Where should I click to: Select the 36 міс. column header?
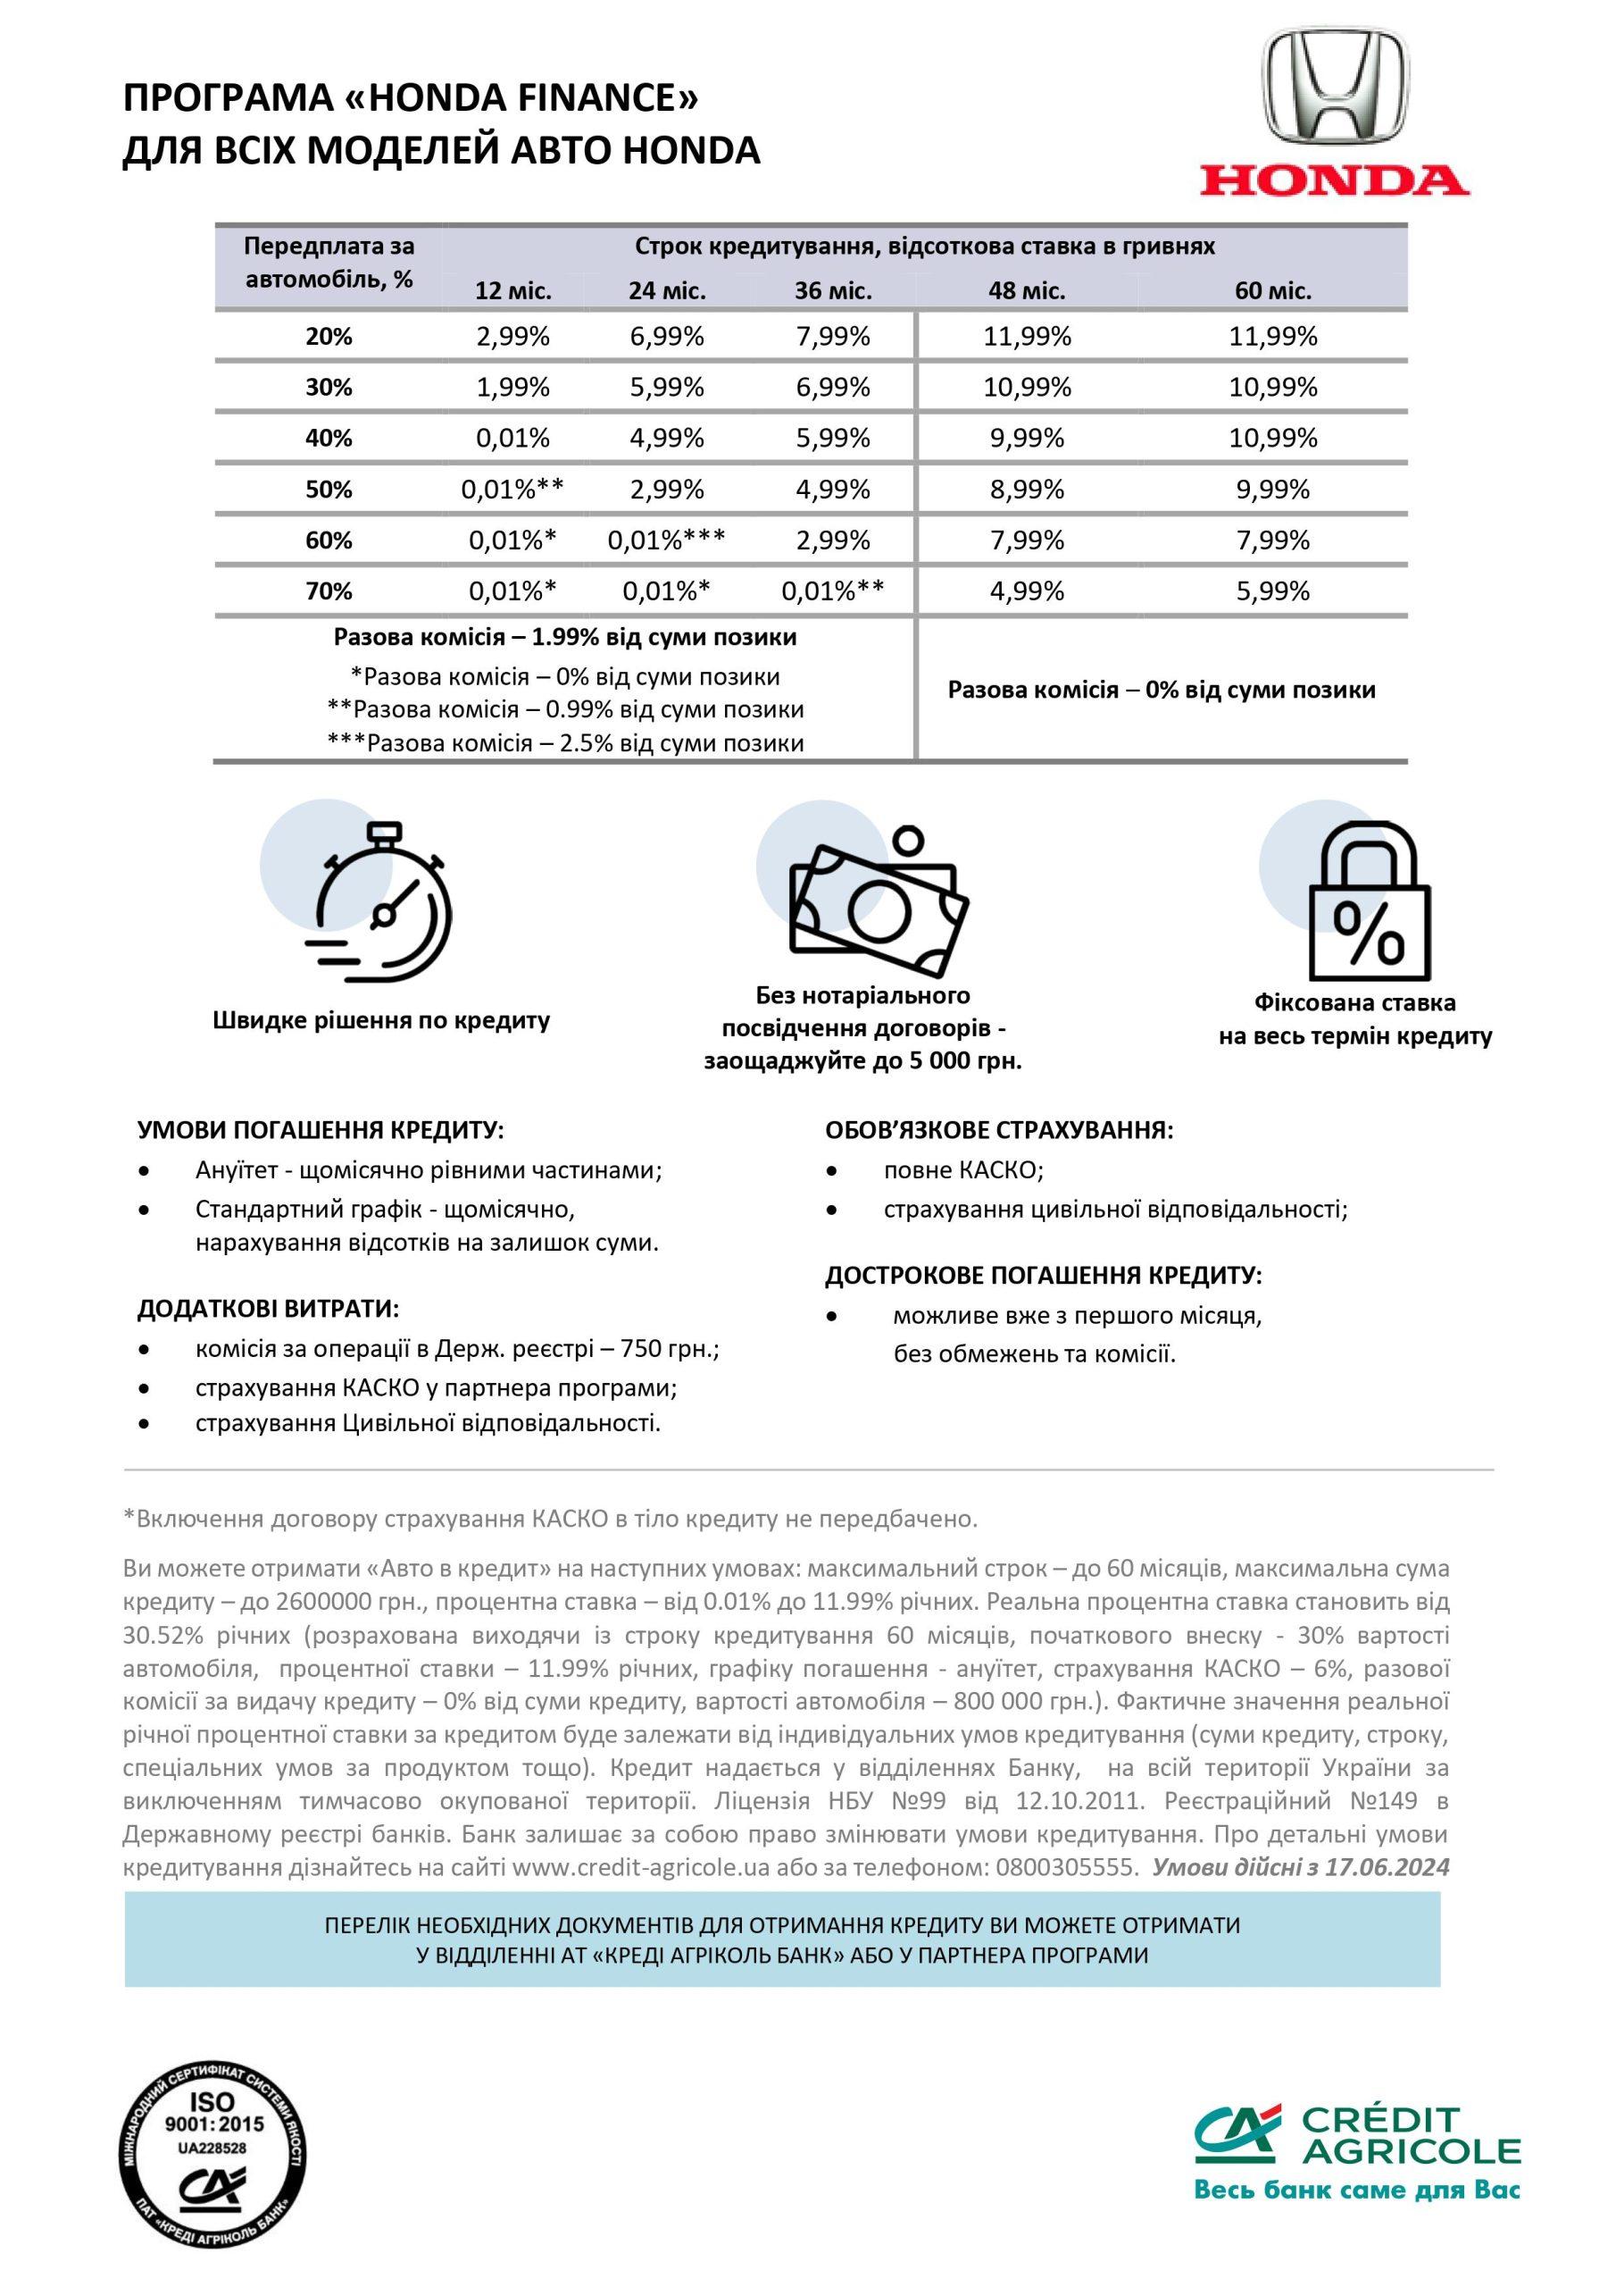(833, 292)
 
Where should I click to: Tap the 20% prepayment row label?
(329, 337)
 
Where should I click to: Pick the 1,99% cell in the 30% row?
(512, 388)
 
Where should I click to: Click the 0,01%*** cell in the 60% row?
(666, 540)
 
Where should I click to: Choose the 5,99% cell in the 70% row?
(1273, 591)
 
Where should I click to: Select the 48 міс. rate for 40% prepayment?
(1027, 439)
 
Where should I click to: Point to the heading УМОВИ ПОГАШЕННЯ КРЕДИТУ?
(321, 1131)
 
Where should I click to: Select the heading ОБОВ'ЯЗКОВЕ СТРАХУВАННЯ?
(999, 1131)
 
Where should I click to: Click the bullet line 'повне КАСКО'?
(962, 1170)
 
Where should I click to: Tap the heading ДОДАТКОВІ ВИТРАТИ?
(268, 1309)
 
